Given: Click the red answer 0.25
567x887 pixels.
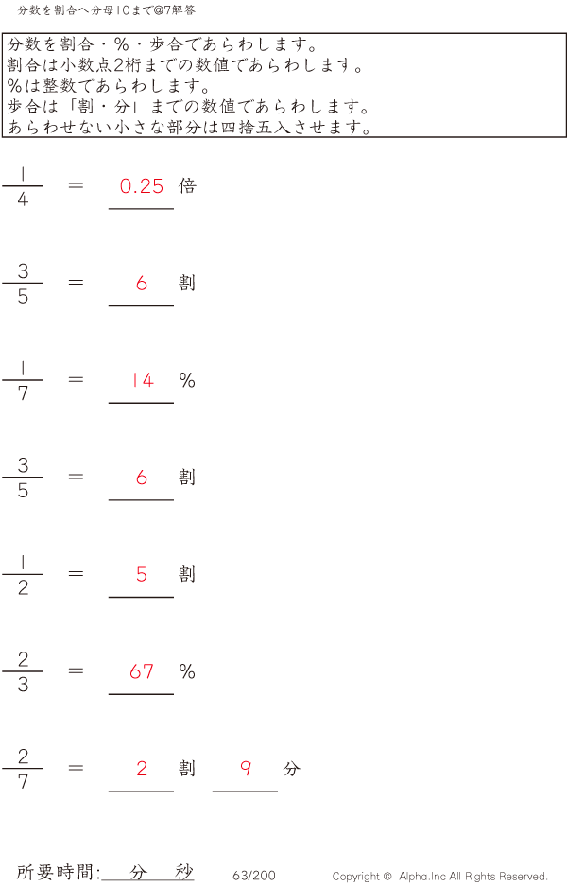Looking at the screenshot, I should tap(142, 186).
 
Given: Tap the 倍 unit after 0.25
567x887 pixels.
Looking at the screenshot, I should tap(187, 186).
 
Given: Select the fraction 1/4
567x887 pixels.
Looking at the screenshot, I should tap(23, 186).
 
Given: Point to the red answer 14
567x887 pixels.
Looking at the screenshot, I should tap(142, 380).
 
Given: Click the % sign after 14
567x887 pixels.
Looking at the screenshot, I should tap(187, 380).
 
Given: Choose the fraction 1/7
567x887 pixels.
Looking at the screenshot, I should tap(23, 380).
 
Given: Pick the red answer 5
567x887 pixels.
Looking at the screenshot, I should tap(142, 574).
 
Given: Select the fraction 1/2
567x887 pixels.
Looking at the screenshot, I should tap(23, 574).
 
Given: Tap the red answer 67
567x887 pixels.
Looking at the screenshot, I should tap(142, 671).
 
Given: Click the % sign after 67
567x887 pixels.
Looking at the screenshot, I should tap(187, 671).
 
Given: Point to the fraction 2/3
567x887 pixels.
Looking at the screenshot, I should tap(23, 671).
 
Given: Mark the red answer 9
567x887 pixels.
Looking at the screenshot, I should tap(246, 769).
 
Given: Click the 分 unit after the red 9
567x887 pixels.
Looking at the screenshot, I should tap(291, 769).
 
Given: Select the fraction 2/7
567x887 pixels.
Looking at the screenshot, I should tap(23, 769).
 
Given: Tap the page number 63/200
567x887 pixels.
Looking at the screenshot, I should tap(253, 876).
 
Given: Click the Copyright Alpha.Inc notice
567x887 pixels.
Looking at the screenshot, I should tap(439, 877).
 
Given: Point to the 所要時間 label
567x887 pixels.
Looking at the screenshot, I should tap(58, 873).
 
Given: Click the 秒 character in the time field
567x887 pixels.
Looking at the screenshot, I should tap(184, 873).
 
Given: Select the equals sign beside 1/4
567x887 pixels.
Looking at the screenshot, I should tap(77, 186).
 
